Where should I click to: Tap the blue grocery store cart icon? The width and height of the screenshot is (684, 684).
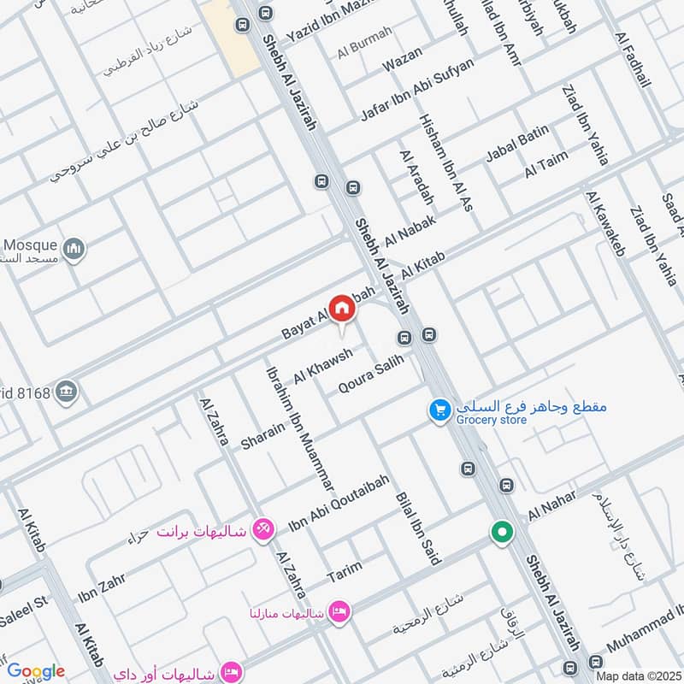439,411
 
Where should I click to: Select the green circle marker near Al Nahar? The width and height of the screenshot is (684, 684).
502,532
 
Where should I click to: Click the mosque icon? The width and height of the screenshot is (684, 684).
75,249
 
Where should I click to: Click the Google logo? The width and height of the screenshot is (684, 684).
36,671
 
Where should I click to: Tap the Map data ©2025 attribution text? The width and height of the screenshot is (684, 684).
637,675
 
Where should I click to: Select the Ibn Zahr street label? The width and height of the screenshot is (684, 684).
102,587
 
